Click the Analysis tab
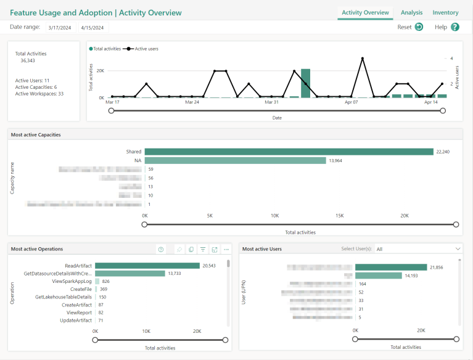point(411,12)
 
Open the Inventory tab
point(445,12)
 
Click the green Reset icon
point(419,27)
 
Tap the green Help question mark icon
point(455,27)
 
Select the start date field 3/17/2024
point(60,27)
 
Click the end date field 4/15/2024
point(94,27)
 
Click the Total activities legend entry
point(105,49)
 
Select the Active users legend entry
point(144,49)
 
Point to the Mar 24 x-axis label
point(192,102)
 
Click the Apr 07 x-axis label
point(351,102)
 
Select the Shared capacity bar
point(289,152)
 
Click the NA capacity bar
point(235,160)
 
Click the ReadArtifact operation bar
point(147,266)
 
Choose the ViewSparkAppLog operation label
point(72,281)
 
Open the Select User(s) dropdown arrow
point(457,248)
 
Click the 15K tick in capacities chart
point(339,216)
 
